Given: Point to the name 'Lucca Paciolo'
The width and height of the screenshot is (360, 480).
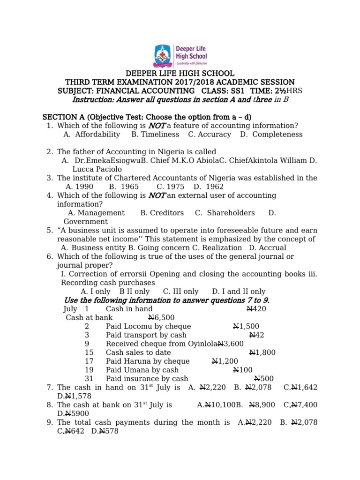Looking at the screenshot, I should (x=97, y=169).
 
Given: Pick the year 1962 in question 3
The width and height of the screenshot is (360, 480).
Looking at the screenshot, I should (x=215, y=187).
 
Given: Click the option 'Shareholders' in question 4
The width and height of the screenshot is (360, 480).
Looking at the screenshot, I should (x=231, y=213).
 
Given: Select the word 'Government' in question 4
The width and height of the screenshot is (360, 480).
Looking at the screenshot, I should (x=85, y=222).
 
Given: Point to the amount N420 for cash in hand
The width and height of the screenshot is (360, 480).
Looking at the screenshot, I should (x=256, y=309).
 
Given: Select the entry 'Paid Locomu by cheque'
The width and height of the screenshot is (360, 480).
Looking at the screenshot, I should (x=148, y=326).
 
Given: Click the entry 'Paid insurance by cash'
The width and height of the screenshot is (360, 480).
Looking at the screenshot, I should (x=147, y=379).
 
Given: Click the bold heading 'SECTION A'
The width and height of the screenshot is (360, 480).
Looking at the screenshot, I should (x=61, y=117).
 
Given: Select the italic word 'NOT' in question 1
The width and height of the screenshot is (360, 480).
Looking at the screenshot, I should (x=157, y=126).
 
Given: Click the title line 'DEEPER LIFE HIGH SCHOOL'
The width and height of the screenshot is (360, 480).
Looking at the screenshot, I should (x=180, y=74).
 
